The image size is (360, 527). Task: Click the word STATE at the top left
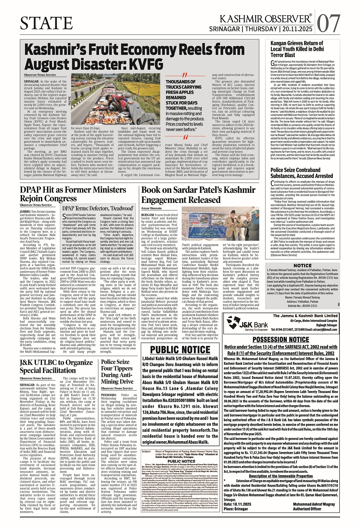pos(46,23)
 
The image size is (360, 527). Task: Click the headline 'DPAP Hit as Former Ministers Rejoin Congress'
pos(73,194)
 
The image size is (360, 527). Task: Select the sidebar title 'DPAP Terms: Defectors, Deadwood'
pos(98,208)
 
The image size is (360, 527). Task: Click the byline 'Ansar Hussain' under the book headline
pos(151,208)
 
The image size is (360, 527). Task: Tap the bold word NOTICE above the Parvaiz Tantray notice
pos(302,266)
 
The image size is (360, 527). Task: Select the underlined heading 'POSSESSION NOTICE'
pos(281,340)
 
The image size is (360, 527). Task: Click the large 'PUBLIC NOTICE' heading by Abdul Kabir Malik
pos(180,350)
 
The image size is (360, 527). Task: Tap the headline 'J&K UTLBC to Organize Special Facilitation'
pos(56,366)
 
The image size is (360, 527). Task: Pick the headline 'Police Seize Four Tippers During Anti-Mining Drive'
pos(117,371)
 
